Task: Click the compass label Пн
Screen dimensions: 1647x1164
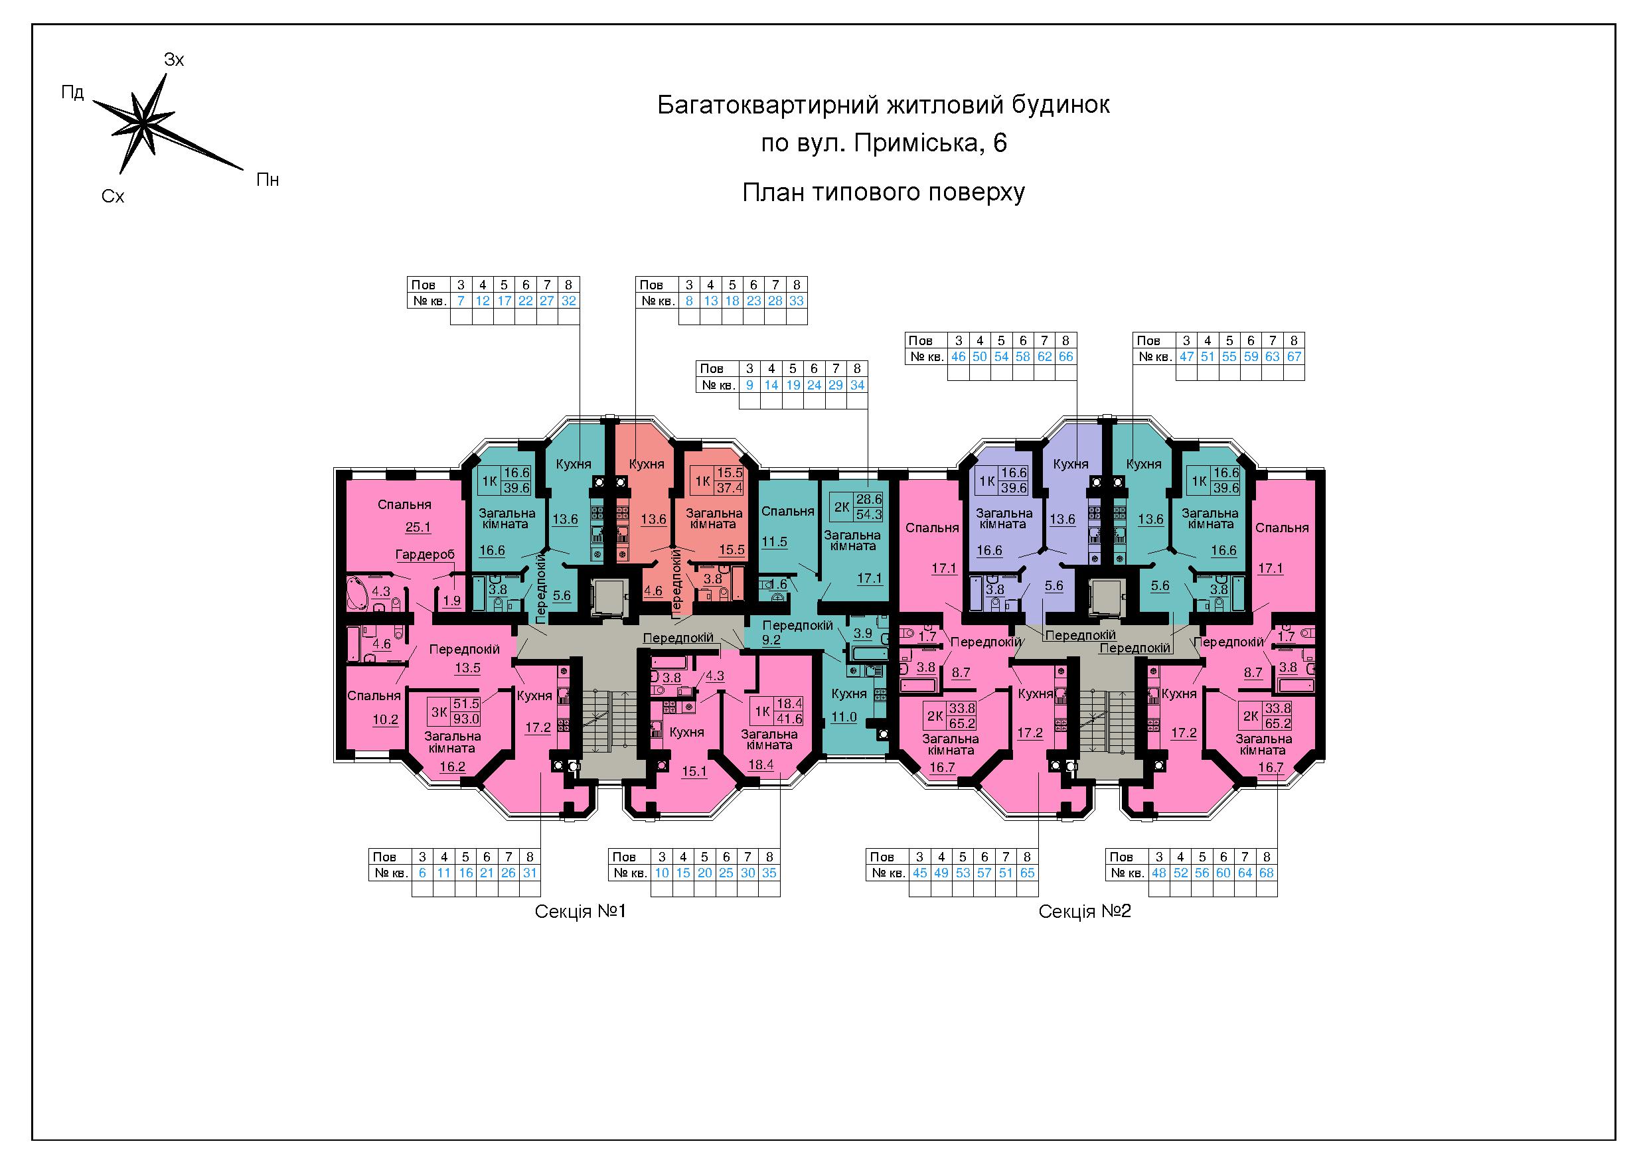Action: tap(268, 180)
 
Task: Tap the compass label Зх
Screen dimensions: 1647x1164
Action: tap(175, 60)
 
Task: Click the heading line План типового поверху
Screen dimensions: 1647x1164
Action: tap(883, 193)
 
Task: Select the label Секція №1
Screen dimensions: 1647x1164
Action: tap(580, 912)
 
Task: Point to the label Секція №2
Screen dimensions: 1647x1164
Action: tap(1085, 912)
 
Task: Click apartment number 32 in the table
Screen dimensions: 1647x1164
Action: tap(569, 301)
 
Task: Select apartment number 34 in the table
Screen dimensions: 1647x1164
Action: tap(857, 385)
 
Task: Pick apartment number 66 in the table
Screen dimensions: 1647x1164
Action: tap(1066, 357)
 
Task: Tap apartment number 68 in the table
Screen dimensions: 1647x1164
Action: tap(1266, 873)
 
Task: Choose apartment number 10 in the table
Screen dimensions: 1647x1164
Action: tap(662, 873)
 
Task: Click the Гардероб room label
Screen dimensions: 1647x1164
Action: tap(426, 554)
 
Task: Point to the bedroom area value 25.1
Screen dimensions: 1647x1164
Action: tap(418, 528)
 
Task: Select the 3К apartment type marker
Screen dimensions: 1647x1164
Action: tap(439, 712)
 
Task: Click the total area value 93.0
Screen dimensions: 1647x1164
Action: tap(466, 719)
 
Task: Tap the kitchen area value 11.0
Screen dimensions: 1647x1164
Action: tap(844, 717)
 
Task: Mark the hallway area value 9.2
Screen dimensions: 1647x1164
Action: tap(771, 640)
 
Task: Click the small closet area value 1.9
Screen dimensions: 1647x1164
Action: tap(452, 601)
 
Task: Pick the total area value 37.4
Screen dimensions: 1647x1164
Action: tap(730, 488)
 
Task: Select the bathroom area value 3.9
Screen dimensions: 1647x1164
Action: tap(863, 633)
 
